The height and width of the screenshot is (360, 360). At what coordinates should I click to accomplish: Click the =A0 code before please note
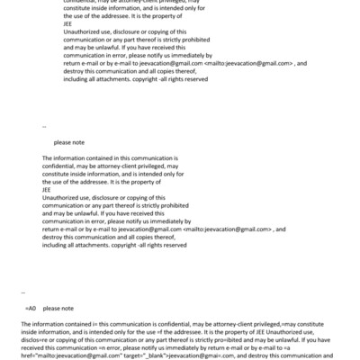tap(31, 309)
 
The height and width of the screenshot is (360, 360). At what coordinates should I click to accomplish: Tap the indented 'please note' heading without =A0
tap(69, 142)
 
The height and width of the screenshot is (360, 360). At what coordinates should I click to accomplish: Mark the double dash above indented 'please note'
tap(44, 127)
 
